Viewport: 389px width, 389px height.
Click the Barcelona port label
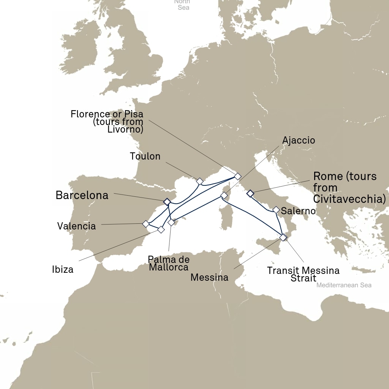tap(82, 195)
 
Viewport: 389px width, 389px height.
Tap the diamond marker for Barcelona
tap(166, 202)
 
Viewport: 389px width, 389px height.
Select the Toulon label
tap(145, 156)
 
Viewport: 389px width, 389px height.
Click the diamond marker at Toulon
tap(199, 181)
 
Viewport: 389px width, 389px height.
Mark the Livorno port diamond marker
tap(238, 176)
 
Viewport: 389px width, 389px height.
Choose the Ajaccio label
tap(299, 140)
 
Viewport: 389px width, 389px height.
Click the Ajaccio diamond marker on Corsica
tap(224, 196)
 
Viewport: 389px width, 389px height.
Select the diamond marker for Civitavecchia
tap(250, 194)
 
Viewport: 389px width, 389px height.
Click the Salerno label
tap(299, 211)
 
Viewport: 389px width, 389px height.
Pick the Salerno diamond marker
tap(276, 210)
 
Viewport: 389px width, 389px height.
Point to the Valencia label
tap(76, 226)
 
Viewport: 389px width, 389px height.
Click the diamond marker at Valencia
tap(145, 224)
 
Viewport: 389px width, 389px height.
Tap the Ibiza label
tap(63, 270)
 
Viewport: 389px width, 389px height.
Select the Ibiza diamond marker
tap(161, 229)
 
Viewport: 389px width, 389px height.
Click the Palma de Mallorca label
tap(168, 263)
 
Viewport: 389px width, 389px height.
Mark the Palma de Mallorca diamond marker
tap(171, 222)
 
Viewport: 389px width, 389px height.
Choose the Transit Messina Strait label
tap(303, 274)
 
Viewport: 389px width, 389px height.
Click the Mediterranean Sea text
tap(344, 285)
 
